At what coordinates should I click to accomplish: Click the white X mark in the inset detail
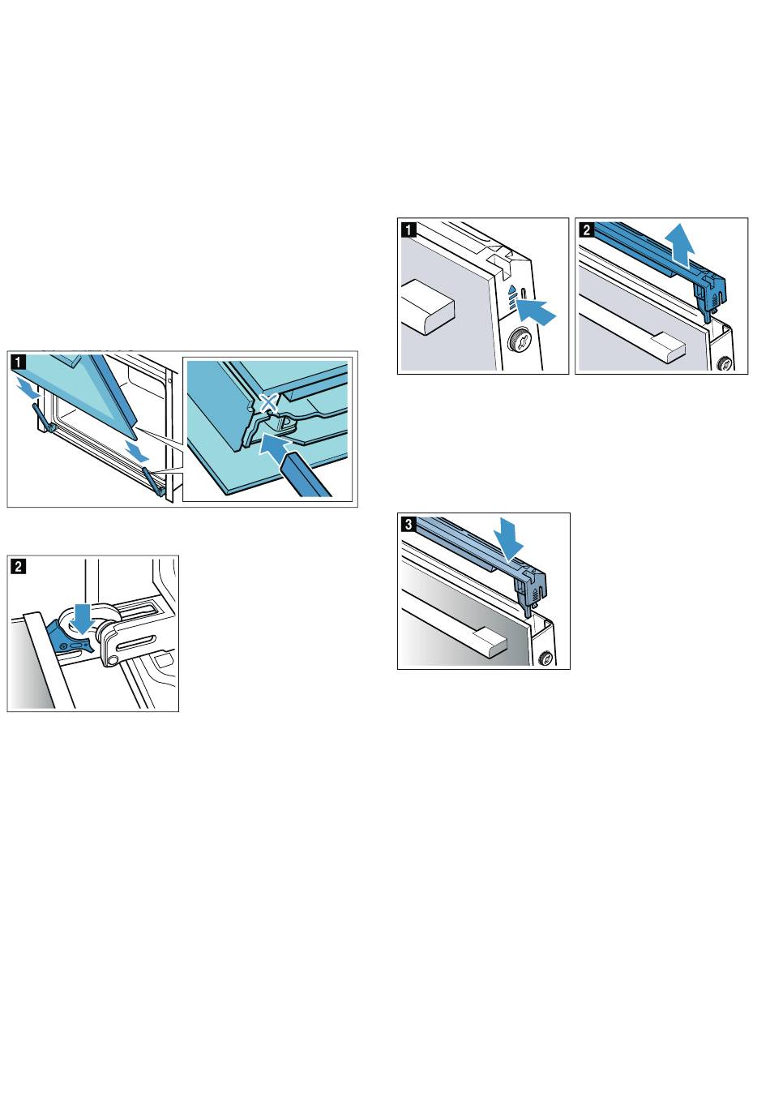pos(267,401)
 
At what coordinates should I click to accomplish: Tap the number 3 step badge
pos(408,524)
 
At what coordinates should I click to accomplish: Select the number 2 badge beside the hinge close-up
pos(19,566)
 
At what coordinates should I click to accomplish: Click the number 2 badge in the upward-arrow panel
pos(587,229)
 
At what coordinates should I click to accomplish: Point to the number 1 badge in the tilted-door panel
pos(19,362)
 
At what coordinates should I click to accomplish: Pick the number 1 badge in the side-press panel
pos(409,229)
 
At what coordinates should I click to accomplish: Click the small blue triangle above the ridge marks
pos(512,288)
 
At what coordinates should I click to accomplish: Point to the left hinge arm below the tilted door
pos(44,418)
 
